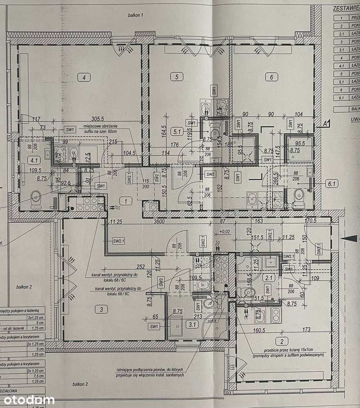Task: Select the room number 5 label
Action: pos(177,76)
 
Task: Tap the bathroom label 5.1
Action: pos(178,132)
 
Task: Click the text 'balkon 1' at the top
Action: pos(136,15)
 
